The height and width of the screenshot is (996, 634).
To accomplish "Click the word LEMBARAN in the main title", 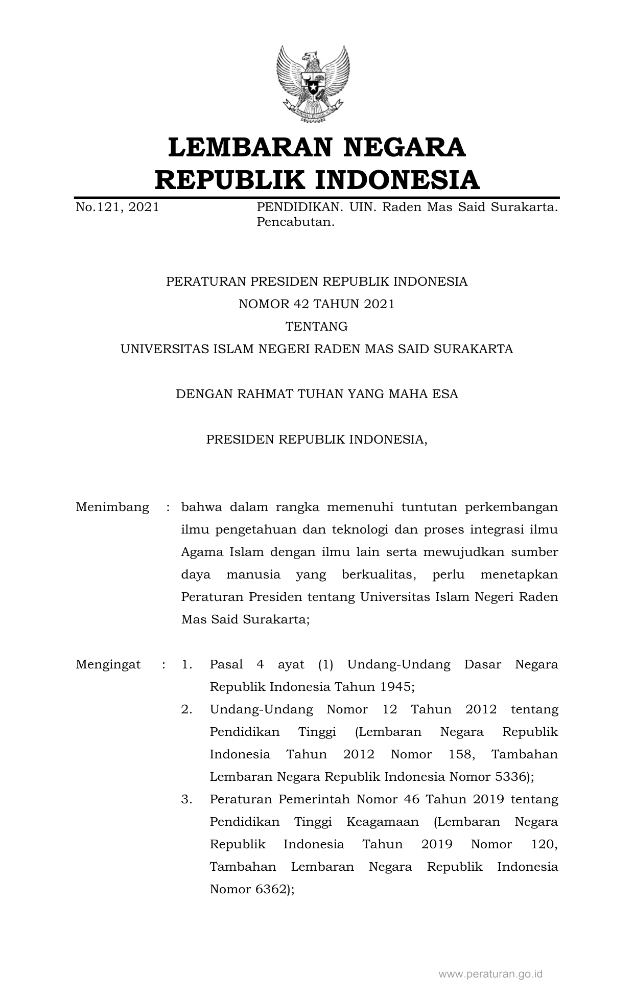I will pos(246,148).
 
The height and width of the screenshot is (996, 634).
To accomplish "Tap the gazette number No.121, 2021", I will pos(117,207).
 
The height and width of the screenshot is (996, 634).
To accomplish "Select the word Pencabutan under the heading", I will pos(295,222).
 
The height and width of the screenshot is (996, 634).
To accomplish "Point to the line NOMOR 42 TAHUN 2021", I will pos(317,304).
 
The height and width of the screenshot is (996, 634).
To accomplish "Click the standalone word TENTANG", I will pos(317,327).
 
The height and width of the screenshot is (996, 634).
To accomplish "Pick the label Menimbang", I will pos(112,507).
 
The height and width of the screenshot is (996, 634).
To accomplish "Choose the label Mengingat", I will pos(108,664).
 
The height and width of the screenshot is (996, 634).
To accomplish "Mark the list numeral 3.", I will pos(186,799).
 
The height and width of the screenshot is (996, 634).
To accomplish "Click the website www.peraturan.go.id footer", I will pos(490,974).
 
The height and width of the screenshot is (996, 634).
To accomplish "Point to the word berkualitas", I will pos(379,574).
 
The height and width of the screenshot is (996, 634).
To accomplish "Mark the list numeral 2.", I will pos(186,709).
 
